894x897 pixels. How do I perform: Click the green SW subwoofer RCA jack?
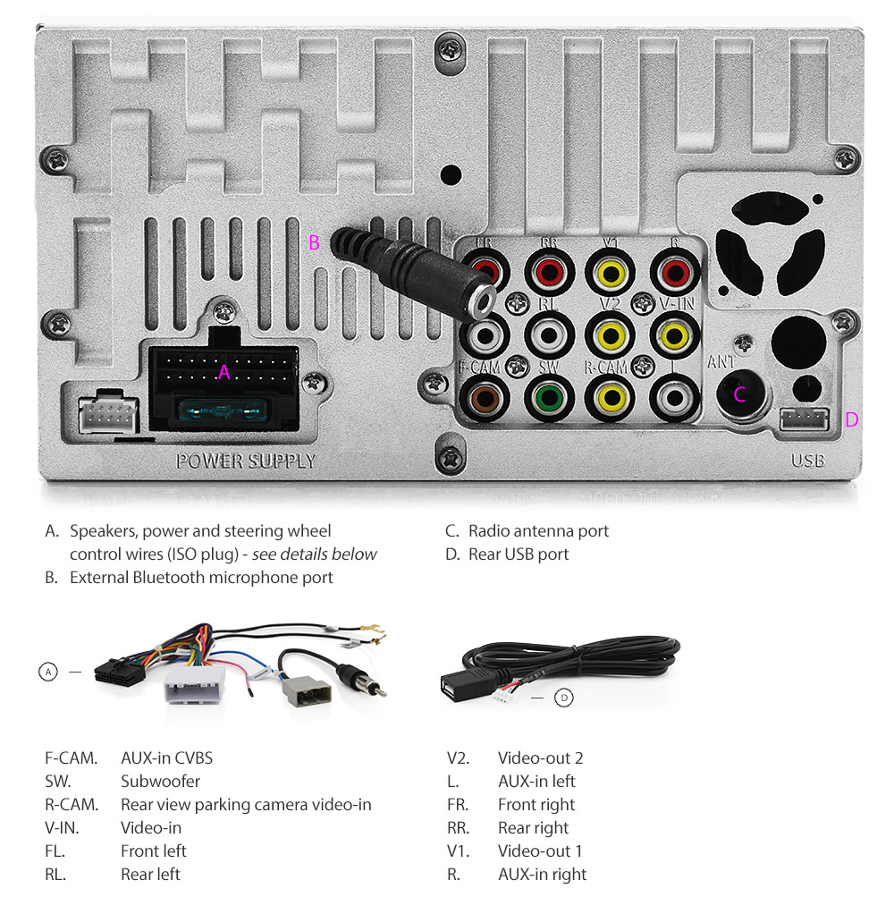click(x=548, y=396)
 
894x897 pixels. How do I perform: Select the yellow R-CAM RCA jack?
click(x=611, y=396)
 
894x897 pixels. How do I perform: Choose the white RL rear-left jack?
click(x=548, y=335)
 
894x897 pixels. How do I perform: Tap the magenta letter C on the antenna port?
click(x=739, y=394)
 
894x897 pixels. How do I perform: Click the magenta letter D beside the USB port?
click(x=852, y=419)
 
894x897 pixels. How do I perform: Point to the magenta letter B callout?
click(x=314, y=242)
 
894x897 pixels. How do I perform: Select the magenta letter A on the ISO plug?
click(x=224, y=372)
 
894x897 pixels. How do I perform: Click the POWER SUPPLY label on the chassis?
click(x=246, y=461)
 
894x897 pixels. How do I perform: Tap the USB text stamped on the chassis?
click(x=807, y=461)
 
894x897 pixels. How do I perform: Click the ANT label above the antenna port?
click(x=721, y=363)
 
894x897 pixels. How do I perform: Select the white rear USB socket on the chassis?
click(x=805, y=418)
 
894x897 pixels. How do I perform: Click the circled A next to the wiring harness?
click(x=48, y=672)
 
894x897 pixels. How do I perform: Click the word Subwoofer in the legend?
click(x=160, y=782)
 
